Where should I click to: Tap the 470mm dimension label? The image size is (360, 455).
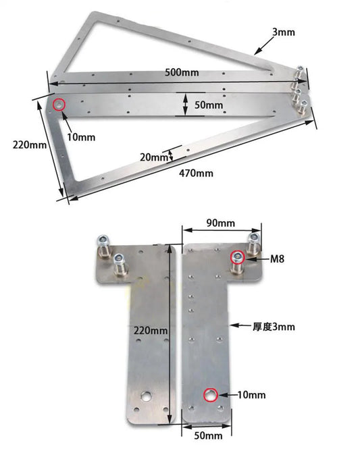pyautogui.click(x=196, y=173)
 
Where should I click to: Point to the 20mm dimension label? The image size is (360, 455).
pyautogui.click(x=154, y=157)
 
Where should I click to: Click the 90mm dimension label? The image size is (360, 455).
pyautogui.click(x=221, y=223)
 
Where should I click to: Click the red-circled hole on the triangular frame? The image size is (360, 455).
pyautogui.click(x=59, y=105)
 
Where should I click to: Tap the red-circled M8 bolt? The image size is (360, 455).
pyautogui.click(x=238, y=257)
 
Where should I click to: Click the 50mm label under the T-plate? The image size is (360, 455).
pyautogui.click(x=208, y=436)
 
